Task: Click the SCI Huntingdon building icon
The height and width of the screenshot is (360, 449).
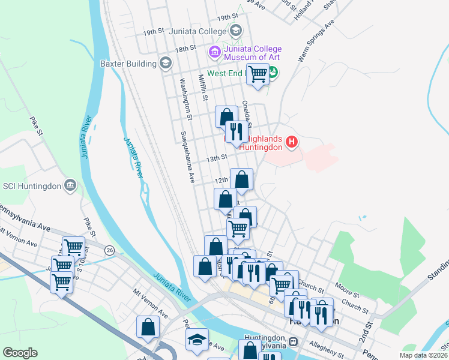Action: tap(71, 185)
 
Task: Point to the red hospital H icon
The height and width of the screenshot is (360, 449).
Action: tap(291, 142)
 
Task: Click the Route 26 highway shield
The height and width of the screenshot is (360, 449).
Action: tap(109, 250)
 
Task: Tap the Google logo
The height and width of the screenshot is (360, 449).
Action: tap(20, 353)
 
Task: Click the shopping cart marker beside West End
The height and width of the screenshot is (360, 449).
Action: tap(258, 74)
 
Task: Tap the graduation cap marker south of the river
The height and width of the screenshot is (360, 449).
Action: tap(197, 340)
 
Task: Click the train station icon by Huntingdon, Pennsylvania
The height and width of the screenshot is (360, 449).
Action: tap(293, 341)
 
